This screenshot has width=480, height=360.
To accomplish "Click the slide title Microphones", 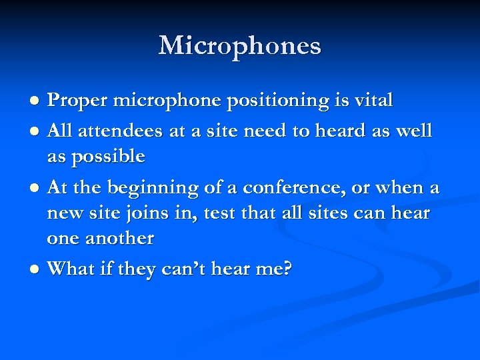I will coord(240,46).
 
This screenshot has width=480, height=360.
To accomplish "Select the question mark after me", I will coord(287,269).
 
